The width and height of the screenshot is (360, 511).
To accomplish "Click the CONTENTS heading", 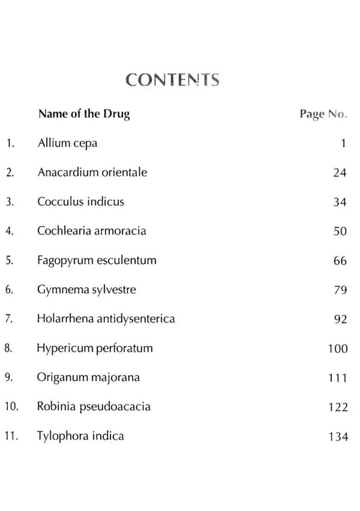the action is click(172, 80).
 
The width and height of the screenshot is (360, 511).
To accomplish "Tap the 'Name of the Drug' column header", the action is click(84, 113).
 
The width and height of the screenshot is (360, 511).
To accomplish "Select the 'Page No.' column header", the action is click(323, 114).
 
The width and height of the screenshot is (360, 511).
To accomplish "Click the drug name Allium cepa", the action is click(67, 143).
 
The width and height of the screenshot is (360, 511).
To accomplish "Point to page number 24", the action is click(340, 172).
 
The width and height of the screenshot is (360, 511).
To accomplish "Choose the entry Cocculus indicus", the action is click(81, 202).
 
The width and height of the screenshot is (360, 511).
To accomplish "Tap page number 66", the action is click(340, 261).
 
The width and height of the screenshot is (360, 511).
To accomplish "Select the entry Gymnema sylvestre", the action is click(87, 290).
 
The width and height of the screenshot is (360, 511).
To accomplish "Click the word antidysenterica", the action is click(136, 319).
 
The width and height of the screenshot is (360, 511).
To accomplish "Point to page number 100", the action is click(338, 349).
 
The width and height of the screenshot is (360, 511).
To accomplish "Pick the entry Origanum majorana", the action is click(88, 377).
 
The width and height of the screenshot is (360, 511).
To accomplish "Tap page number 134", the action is click(338, 436).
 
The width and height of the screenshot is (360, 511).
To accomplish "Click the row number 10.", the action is click(11, 407).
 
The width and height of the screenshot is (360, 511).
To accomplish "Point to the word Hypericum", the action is click(65, 348).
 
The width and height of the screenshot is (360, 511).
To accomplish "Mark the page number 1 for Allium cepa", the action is click(343, 143).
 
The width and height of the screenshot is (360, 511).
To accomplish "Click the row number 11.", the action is click(11, 436).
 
